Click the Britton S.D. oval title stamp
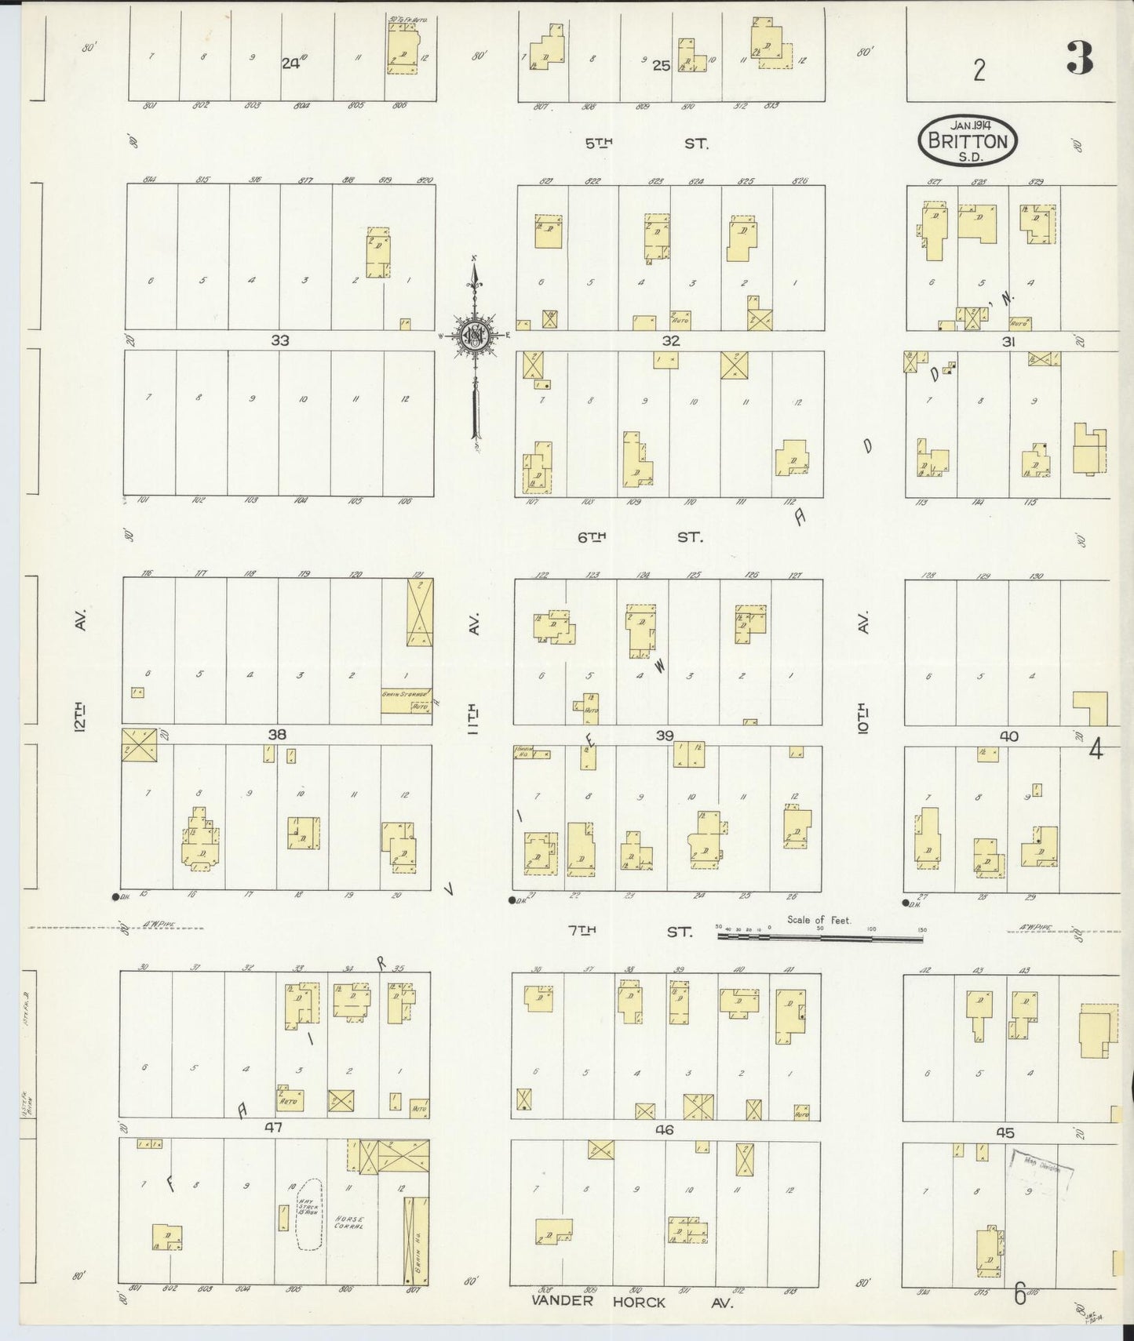(968, 140)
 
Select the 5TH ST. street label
(647, 144)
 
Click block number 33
(280, 340)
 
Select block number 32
(670, 340)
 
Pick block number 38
(276, 735)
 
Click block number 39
(665, 735)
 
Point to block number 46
(664, 1130)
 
